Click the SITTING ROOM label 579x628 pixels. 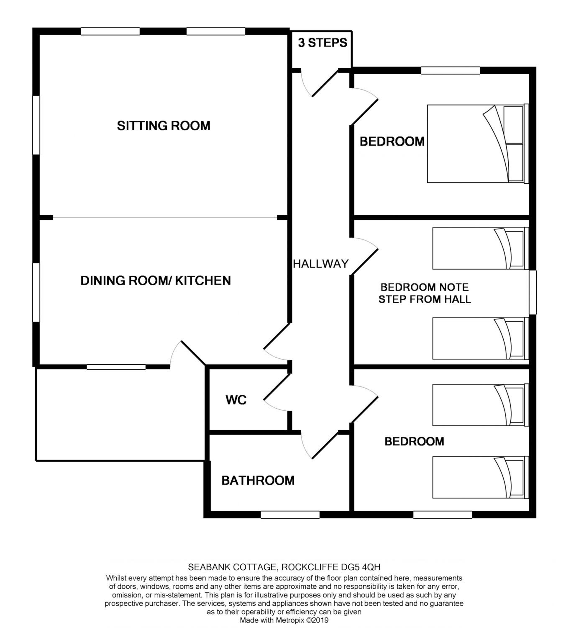click(x=164, y=126)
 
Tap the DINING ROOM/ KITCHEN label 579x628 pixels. click(x=156, y=280)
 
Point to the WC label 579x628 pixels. click(x=236, y=400)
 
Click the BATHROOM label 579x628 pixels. click(x=258, y=480)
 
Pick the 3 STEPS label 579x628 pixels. click(x=322, y=43)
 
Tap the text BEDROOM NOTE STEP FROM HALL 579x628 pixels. click(x=425, y=293)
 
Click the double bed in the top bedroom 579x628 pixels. click(x=478, y=144)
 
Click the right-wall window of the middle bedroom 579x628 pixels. click(x=533, y=292)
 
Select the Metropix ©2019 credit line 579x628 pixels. click(x=284, y=620)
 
